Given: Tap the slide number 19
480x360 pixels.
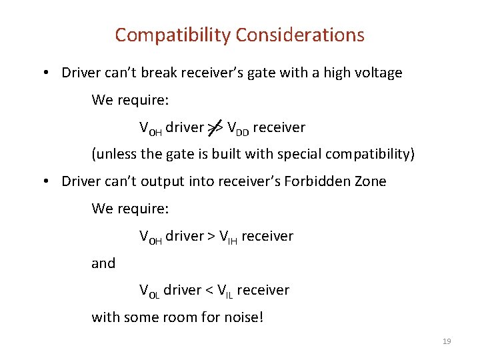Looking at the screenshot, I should point(447,341).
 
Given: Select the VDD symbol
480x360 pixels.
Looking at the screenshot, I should point(238,127).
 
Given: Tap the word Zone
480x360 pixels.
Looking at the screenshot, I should point(368,181).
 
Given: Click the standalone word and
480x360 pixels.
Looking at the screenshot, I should point(103,263).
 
